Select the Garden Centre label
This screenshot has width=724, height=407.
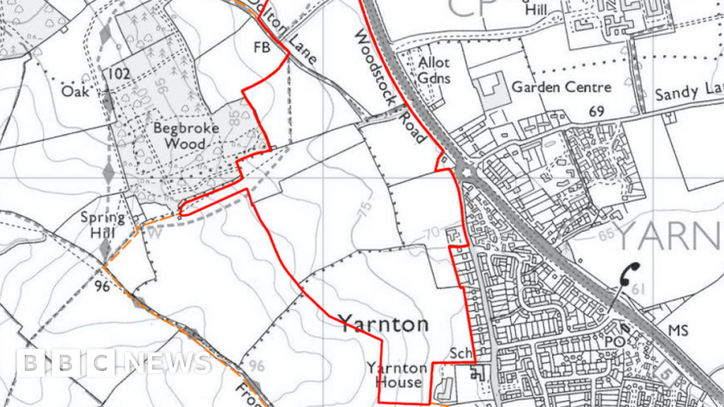(x=561, y=88)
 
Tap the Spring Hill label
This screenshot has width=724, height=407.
(x=103, y=225)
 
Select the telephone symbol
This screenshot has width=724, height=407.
(x=628, y=273)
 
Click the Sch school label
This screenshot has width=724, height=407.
(x=460, y=353)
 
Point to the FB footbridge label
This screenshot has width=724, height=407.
(x=262, y=47)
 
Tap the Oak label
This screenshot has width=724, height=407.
(x=76, y=91)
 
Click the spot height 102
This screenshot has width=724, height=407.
(x=120, y=73)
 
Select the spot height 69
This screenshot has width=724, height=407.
(x=597, y=112)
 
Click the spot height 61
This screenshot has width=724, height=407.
(x=640, y=289)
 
